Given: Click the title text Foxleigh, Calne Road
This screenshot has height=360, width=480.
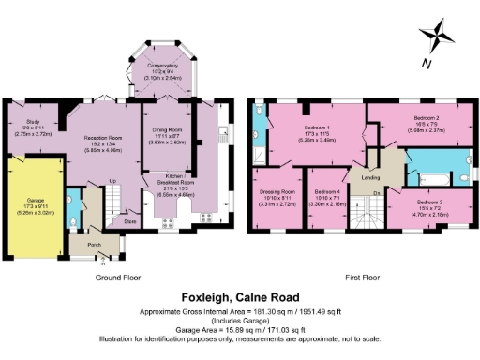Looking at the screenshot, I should pyautogui.click(x=240, y=295).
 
